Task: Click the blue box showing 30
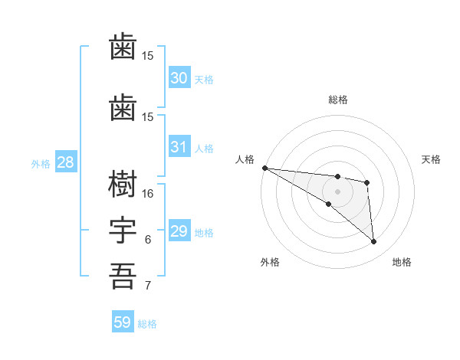tap(179, 78)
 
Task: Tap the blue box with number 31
tap(179, 147)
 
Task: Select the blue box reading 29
tap(179, 231)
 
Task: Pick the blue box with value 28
tap(65, 162)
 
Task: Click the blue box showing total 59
tap(123, 322)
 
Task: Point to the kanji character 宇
tap(123, 231)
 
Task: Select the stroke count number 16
tap(148, 194)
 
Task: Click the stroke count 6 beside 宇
tap(148, 240)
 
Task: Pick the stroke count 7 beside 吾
tap(148, 286)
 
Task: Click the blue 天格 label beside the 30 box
tap(204, 80)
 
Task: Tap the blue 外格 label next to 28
tap(41, 164)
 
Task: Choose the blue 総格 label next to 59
tap(147, 324)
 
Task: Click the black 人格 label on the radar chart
tap(245, 159)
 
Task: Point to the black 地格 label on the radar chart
tap(402, 263)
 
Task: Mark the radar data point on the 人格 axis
tap(264, 168)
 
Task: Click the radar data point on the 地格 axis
tap(374, 242)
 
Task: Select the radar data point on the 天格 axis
tap(367, 182)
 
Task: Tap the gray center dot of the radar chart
tap(337, 191)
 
